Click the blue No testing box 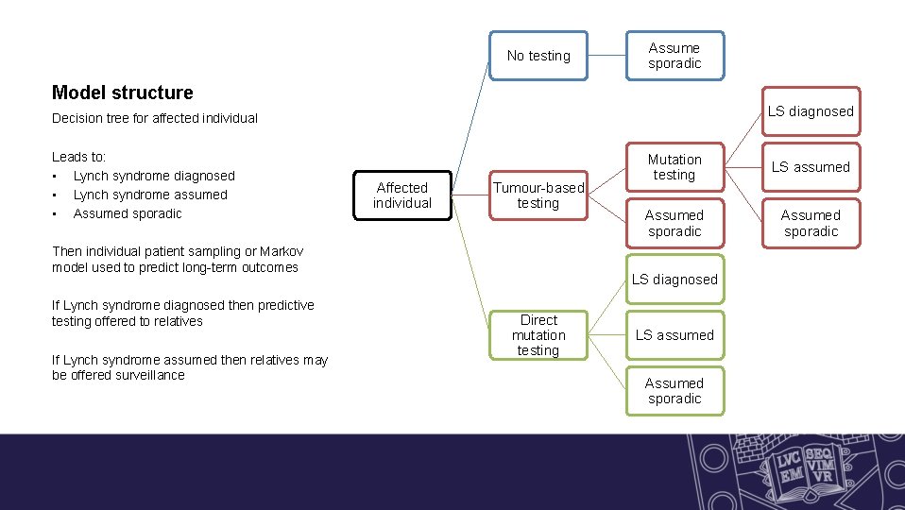pos(538,56)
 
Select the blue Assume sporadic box pos(674,56)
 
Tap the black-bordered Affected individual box pos(402,195)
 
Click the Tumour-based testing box pos(538,195)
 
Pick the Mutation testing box pos(674,167)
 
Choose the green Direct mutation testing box pos(538,335)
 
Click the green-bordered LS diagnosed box pos(674,280)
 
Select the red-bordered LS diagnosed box pos(810,111)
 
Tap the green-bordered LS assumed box pos(674,335)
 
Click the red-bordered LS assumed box pos(810,167)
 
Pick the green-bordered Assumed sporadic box pos(674,391)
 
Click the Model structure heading pos(123,93)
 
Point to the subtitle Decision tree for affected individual pos(155,119)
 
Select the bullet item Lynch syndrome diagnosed pos(154,176)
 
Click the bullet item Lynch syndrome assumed pos(150,195)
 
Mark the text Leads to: pos(79,157)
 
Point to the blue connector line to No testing pos(470,127)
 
